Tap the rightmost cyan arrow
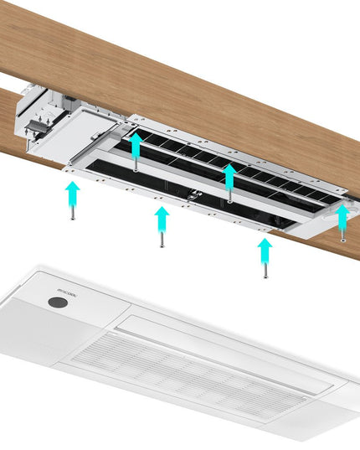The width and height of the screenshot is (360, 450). click(343, 215)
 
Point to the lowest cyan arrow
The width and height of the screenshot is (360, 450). click(265, 249)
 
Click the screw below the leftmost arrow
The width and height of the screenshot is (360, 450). click(73, 215)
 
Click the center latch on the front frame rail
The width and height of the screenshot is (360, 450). click(198, 196)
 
